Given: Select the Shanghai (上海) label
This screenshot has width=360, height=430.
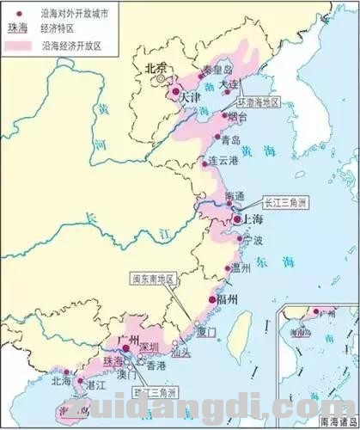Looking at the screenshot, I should coord(252,219).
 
